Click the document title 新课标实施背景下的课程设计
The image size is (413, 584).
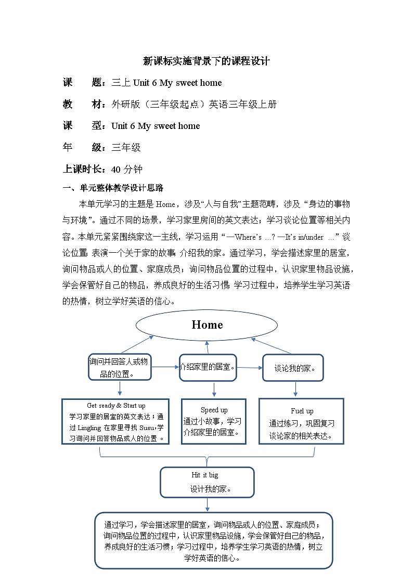(x=206, y=61)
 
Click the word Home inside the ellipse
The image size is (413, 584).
(x=207, y=325)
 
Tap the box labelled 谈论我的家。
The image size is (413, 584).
(x=293, y=368)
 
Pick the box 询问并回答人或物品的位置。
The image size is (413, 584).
(x=120, y=367)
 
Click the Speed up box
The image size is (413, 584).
(x=214, y=421)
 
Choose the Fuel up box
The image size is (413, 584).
(x=301, y=421)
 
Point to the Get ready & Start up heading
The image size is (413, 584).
(x=116, y=406)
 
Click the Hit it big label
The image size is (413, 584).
(x=205, y=475)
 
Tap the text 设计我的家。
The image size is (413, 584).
(x=211, y=489)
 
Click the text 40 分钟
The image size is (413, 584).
(x=127, y=170)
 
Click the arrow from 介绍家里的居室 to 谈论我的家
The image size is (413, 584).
(x=250, y=368)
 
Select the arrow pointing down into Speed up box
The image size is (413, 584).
(x=214, y=390)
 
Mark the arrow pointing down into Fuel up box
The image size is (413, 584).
(x=295, y=389)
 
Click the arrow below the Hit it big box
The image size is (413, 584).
(x=207, y=504)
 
